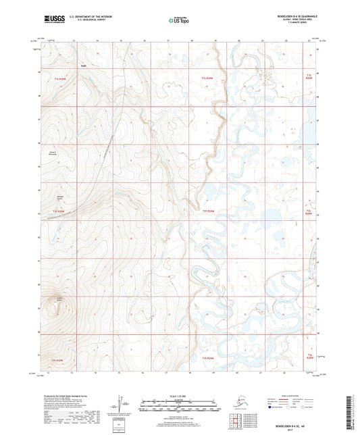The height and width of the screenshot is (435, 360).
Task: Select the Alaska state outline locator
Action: [238, 403]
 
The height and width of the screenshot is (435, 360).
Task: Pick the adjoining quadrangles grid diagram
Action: [238, 424]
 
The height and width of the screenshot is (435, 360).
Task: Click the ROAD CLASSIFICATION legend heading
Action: [292, 396]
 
